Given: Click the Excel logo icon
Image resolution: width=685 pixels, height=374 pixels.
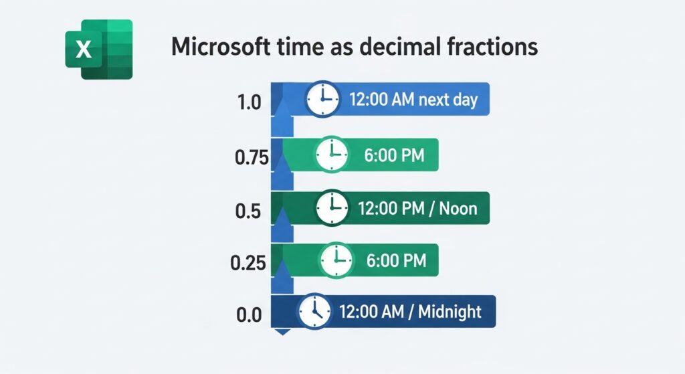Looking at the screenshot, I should tap(98, 50).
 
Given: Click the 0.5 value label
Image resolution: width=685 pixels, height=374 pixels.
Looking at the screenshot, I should tap(248, 211).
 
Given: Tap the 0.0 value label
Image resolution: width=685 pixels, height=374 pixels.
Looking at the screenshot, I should tap(248, 315).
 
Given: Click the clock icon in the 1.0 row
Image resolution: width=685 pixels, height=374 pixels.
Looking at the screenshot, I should tap(322, 100).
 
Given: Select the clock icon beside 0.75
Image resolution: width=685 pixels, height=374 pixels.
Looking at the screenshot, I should tap(332, 155).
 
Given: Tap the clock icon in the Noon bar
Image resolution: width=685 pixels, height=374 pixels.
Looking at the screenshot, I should tap(332, 207).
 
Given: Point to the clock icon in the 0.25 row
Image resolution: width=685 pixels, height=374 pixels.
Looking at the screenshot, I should tap(336, 260).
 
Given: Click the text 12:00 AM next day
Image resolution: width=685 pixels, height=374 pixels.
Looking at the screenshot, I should tap(413, 100).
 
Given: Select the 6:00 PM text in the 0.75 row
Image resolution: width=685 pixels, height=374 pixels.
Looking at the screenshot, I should tap(394, 156).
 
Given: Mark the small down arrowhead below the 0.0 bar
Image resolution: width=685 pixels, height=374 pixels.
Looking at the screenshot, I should tap(282, 331).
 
